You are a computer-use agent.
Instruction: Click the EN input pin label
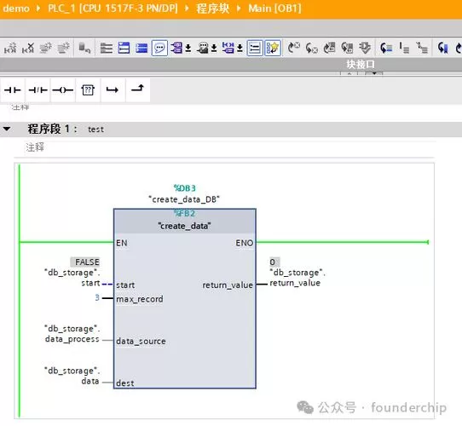(x=121, y=243)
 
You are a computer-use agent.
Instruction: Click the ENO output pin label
(x=245, y=243)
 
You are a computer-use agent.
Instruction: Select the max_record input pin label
(x=140, y=299)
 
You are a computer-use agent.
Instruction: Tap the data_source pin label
(x=141, y=341)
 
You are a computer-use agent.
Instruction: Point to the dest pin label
(x=125, y=383)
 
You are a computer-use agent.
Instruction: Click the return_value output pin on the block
(x=228, y=285)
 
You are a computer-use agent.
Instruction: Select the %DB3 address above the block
(x=185, y=188)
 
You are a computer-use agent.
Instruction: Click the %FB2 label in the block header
(x=184, y=213)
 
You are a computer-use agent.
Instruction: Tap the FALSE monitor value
(x=87, y=262)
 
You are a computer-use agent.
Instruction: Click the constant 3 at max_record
(x=97, y=297)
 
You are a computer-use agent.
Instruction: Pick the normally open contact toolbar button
(x=13, y=89)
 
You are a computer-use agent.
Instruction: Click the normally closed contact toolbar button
(x=38, y=89)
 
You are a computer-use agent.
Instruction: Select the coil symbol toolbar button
(x=62, y=89)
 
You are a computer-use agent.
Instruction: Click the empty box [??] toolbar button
(x=88, y=89)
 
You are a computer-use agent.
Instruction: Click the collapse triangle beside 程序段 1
(x=7, y=129)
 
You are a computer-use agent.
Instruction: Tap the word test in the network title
(x=95, y=130)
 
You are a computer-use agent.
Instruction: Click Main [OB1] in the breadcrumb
(x=274, y=9)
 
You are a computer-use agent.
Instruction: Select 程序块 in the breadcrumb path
(x=213, y=9)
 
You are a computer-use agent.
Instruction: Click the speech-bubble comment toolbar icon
(x=159, y=48)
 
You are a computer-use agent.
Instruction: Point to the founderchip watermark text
(x=408, y=408)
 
